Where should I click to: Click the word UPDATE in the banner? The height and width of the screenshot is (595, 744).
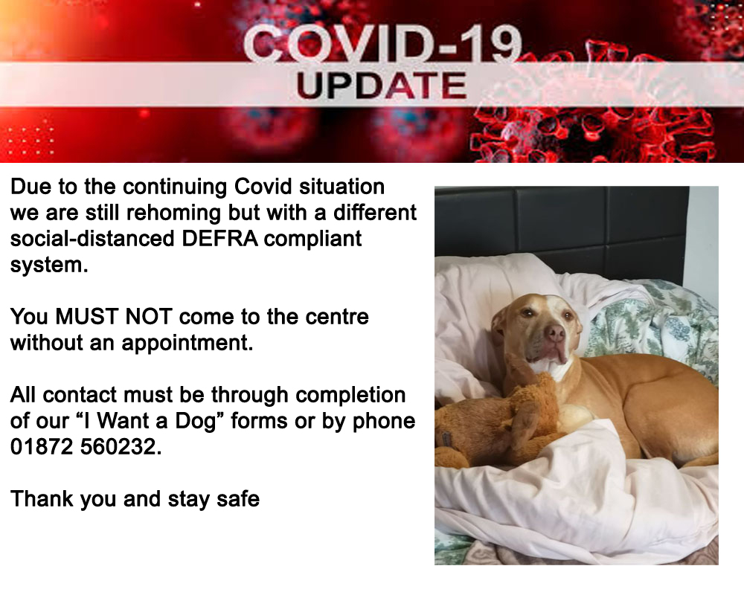coord(381,86)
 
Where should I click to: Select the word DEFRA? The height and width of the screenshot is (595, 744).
coord(220,238)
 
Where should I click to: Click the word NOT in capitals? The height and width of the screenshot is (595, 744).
coord(149,317)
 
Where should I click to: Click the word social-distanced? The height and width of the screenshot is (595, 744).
coord(92,238)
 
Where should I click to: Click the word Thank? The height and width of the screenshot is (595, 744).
coord(42,498)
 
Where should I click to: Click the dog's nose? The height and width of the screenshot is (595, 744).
coord(554,333)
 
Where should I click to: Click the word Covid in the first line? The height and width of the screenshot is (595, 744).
coord(263,187)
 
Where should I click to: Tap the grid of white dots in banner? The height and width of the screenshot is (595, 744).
coord(31,141)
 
